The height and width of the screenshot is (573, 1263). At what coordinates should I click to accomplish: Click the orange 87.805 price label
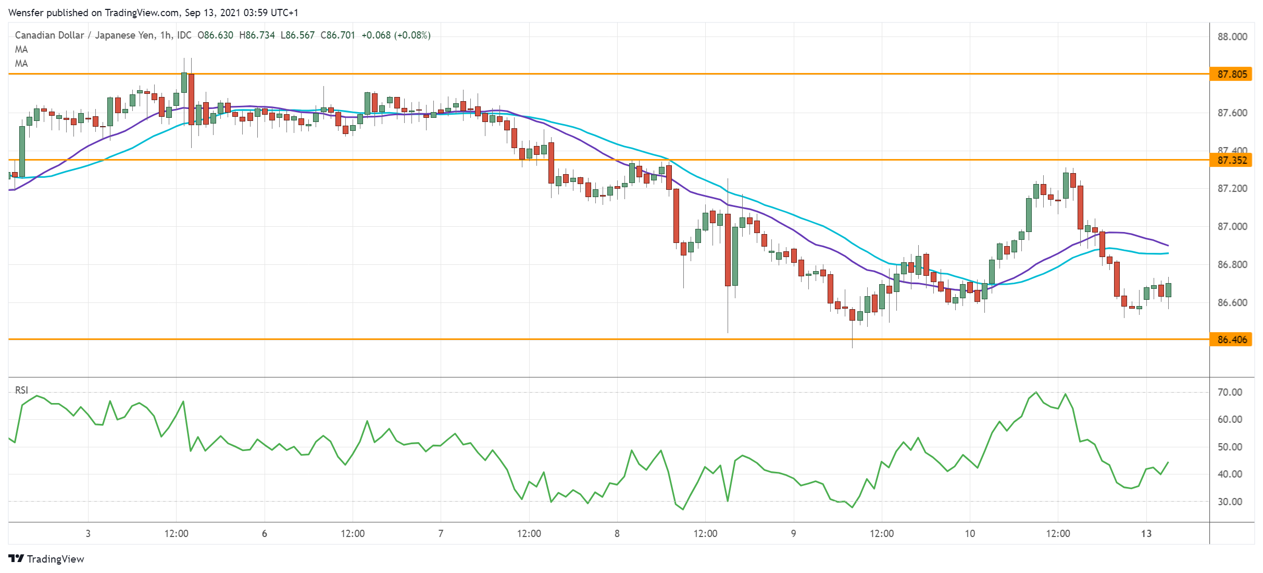1232,74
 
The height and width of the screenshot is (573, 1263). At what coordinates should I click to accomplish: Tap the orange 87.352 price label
1232,160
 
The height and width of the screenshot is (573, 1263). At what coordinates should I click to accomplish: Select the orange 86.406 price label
1232,339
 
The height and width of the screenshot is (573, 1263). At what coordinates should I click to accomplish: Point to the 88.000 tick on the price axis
1232,36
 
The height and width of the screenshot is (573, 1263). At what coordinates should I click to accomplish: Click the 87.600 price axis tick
1232,113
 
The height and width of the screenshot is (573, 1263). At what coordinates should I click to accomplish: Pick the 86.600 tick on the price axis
1232,302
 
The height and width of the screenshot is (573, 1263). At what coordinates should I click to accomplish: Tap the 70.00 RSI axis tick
1230,392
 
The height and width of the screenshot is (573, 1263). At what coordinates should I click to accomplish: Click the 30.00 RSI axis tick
1230,502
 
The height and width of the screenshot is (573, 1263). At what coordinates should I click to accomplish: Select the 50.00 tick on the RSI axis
1230,447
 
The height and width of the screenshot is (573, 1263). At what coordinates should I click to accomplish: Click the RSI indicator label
21,390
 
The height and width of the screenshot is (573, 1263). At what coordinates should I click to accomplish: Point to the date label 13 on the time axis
1146,533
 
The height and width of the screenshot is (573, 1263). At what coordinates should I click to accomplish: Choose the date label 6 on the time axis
265,533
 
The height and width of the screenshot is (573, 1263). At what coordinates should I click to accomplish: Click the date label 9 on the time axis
793,533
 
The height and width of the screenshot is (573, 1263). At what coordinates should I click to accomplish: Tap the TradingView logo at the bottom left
46,559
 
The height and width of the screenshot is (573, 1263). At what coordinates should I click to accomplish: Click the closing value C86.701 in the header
337,35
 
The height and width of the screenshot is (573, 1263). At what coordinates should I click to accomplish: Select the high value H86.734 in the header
257,35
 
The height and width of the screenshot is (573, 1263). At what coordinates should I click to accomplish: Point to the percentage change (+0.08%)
412,35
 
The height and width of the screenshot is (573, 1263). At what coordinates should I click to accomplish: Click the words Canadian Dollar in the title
49,35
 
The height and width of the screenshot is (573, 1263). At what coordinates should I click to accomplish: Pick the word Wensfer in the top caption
26,13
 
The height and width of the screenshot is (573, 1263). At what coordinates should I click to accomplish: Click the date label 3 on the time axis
88,533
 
